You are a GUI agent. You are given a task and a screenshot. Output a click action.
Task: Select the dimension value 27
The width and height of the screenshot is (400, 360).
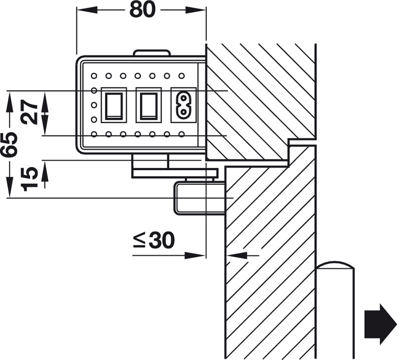click(x=29, y=112)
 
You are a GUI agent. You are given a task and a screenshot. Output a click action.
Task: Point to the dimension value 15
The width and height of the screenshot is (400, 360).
click(x=30, y=179)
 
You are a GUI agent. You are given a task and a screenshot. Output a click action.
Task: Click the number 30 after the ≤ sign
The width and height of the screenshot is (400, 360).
click(x=161, y=240)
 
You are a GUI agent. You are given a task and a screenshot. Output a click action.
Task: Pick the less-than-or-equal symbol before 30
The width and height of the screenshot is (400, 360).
click(x=139, y=241)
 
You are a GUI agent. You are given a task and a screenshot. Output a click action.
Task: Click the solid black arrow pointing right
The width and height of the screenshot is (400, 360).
click(x=381, y=324)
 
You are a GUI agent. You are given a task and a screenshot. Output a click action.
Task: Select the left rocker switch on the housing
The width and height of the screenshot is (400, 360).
click(x=114, y=106)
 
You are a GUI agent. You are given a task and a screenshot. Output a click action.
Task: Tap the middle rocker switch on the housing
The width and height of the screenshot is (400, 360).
click(x=149, y=106)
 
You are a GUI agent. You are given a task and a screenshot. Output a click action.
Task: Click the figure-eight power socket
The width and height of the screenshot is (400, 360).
click(x=183, y=106)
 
